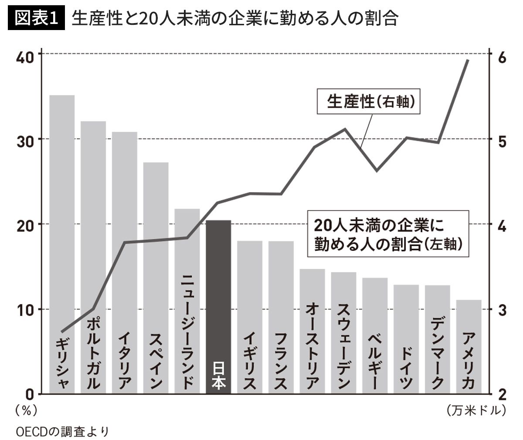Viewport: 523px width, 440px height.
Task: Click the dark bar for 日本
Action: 218,307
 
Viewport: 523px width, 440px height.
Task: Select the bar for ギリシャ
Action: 62,244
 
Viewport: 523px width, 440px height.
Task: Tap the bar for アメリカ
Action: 469,346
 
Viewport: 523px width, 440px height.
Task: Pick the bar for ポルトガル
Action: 93,257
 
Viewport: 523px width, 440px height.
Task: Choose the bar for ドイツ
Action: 406,339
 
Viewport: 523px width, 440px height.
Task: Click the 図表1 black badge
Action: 36,18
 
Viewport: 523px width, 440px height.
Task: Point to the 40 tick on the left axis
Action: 25,58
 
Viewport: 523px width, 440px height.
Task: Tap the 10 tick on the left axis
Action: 25,310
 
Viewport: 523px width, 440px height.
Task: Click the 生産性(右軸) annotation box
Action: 368,101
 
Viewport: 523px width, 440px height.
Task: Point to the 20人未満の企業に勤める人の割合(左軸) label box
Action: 388,234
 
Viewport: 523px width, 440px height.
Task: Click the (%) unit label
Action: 26,410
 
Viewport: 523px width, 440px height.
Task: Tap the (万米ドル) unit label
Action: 476,410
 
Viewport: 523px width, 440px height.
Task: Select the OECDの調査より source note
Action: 62,431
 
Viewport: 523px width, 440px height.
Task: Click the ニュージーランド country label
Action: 187,332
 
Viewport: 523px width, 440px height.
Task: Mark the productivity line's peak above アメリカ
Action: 467,60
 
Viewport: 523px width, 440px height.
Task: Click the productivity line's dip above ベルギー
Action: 377,171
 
